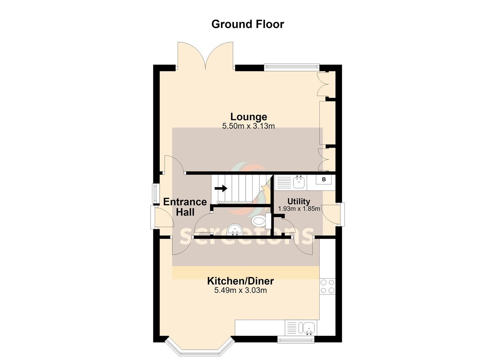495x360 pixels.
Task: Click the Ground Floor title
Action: pyautogui.click(x=247, y=24)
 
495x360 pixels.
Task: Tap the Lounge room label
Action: pyautogui.click(x=249, y=117)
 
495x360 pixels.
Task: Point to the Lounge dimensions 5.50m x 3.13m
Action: pyautogui.click(x=248, y=126)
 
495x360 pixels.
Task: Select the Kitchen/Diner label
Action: pyautogui.click(x=240, y=281)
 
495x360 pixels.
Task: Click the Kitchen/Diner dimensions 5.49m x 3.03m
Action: pyautogui.click(x=240, y=290)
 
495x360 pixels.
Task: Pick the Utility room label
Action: pyautogui.click(x=299, y=201)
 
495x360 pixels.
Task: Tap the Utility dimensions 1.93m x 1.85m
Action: pyautogui.click(x=299, y=209)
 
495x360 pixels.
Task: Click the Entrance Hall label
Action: pyautogui.click(x=185, y=207)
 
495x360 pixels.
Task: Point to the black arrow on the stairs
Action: pyautogui.click(x=221, y=189)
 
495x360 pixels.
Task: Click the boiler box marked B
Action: pyautogui.click(x=324, y=179)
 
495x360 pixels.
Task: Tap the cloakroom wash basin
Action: pyautogui.click(x=235, y=230)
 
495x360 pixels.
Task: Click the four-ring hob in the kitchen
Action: pyautogui.click(x=327, y=286)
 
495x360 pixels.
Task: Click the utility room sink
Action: pyautogui.click(x=299, y=182)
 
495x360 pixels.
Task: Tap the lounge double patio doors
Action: pyautogui.click(x=205, y=56)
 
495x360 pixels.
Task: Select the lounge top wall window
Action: pyautogui.click(x=292, y=67)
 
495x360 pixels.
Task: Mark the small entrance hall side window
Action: pyautogui.click(x=156, y=194)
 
